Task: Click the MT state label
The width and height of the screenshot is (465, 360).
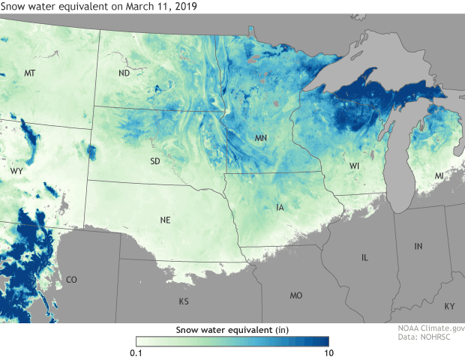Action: [x=30, y=73]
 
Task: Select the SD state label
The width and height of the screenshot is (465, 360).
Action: [x=154, y=161]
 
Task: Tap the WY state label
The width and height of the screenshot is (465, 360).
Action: [x=16, y=172]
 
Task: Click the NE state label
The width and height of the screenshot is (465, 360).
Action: [x=166, y=220]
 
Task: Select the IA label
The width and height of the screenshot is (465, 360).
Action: [x=280, y=207]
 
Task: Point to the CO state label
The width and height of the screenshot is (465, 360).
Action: [x=71, y=280]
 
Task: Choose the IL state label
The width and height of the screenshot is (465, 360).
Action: [x=365, y=257]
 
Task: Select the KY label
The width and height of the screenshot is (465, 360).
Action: [x=448, y=307]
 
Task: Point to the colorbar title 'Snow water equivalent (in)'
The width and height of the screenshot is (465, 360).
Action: [x=232, y=329]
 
